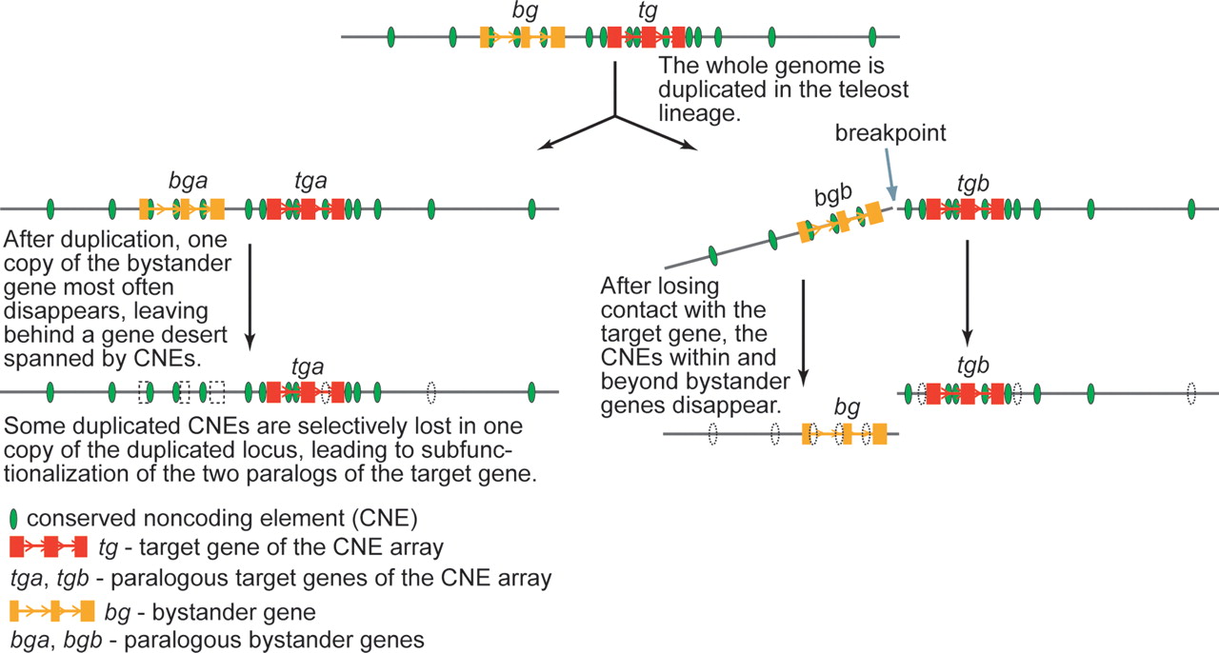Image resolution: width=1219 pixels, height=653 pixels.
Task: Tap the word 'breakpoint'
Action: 890,133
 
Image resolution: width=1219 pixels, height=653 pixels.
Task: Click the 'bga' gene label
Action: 183,181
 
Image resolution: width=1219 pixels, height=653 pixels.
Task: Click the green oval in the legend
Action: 13,520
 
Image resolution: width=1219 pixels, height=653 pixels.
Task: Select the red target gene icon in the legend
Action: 49,547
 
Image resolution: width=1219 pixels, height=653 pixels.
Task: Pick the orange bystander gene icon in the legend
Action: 52,610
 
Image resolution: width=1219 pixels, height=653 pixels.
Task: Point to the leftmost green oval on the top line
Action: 391,37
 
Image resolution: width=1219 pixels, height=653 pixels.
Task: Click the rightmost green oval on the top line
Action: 872,37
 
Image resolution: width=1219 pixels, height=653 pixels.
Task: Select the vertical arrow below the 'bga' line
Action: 249,295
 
